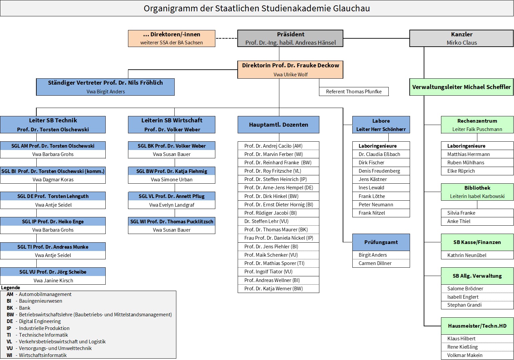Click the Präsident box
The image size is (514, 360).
pyautogui.click(x=290, y=38)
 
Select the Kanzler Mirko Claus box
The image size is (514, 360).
pyautogui.click(x=461, y=38)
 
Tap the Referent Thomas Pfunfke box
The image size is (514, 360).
pyautogui.click(x=354, y=92)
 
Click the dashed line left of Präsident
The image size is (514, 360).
pyautogui.click(x=226, y=38)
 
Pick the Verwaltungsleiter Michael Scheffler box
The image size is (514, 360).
pyautogui.click(x=461, y=87)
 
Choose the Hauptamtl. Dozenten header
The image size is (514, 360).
pyautogui.click(x=278, y=125)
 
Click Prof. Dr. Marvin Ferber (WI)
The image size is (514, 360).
pyautogui.click(x=274, y=154)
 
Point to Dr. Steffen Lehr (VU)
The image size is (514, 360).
pyautogui.click(x=266, y=221)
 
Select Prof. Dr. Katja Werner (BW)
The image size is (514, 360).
pyautogui.click(x=274, y=288)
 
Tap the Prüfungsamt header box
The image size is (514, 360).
pyautogui.click(x=381, y=242)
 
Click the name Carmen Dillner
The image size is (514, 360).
pyautogui.click(x=375, y=263)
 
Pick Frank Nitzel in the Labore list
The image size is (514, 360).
pyautogui.click(x=372, y=213)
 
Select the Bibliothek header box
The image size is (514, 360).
pyautogui.click(x=477, y=192)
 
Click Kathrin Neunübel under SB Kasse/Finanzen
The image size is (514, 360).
pyautogui.click(x=467, y=255)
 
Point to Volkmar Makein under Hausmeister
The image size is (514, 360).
pyautogui.click(x=465, y=355)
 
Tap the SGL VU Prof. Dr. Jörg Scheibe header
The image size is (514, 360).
pyautogui.click(x=53, y=272)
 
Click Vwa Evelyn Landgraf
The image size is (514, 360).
pyautogui.click(x=172, y=205)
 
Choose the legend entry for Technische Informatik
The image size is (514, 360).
pyautogui.click(x=37, y=335)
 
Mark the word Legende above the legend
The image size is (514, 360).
pyautogui.click(x=11, y=288)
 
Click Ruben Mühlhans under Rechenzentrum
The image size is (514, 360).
pyautogui.click(x=466, y=163)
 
